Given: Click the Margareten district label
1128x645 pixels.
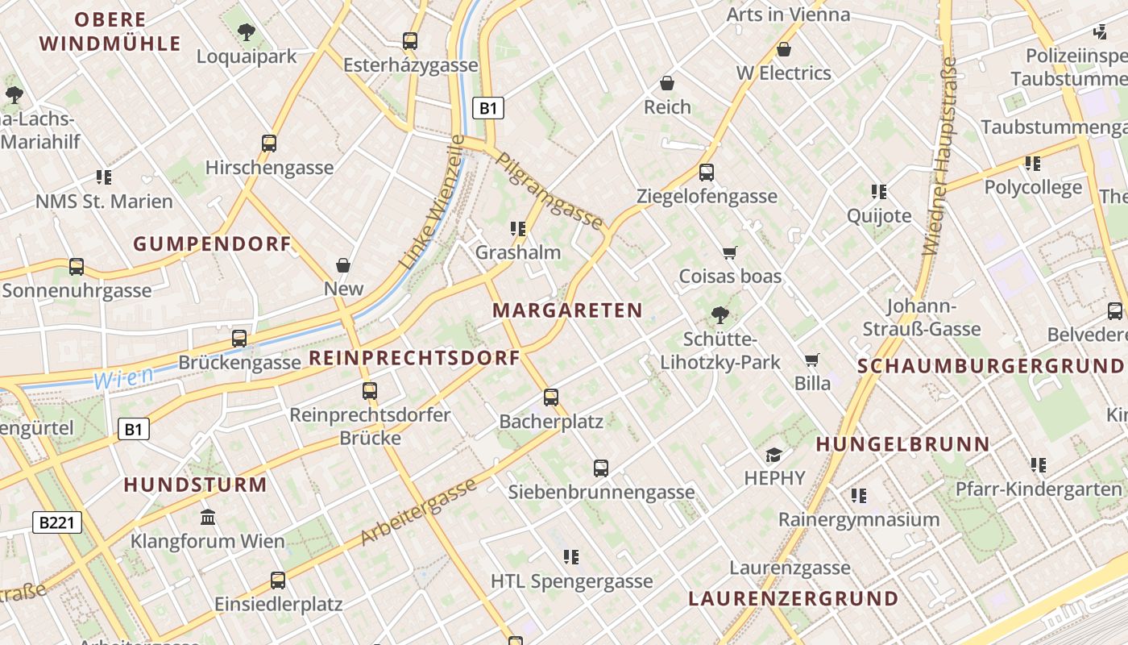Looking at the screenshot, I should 567,310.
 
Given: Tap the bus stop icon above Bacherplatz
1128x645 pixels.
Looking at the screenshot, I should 551,397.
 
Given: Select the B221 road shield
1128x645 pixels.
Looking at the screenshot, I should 58,522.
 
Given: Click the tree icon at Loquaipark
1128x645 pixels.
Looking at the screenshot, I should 247,33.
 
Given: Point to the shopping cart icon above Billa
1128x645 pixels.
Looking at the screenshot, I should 812,360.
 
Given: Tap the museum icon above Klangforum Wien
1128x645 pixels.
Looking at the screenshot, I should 208,516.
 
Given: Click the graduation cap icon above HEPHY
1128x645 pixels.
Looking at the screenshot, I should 773,455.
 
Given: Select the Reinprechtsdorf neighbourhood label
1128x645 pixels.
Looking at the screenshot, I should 414,358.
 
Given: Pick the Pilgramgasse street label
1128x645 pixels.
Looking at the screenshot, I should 550,190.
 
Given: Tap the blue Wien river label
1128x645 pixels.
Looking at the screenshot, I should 123,377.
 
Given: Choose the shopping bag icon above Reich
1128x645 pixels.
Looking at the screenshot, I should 667,83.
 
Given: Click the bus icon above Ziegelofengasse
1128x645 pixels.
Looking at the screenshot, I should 707,172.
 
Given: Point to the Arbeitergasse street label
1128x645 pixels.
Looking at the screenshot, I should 418,510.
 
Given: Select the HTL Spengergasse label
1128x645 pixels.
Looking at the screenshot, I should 571,580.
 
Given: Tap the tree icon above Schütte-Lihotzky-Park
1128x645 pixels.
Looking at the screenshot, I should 720,315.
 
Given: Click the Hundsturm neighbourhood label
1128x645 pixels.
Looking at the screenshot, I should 195,485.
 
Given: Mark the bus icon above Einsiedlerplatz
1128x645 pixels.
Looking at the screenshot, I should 278,580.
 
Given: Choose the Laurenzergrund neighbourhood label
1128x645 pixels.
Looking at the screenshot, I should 793,598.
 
